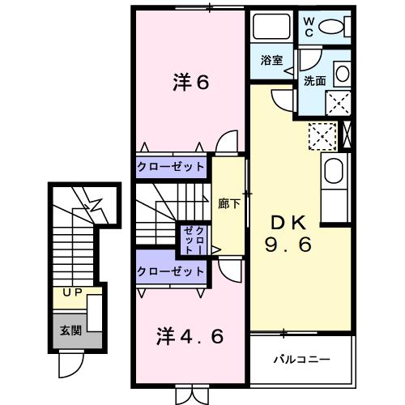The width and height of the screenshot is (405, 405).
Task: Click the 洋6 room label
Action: (x=191, y=82)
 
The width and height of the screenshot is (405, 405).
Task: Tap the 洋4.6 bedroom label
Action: (x=189, y=335)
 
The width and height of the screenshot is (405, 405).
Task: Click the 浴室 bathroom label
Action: (x=271, y=60)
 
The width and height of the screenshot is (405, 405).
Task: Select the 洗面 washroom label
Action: (x=314, y=81)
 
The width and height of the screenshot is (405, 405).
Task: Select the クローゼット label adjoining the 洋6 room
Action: (x=171, y=166)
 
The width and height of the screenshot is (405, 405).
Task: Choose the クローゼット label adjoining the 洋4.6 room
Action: (x=171, y=272)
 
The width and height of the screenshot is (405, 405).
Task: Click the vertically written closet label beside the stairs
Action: (x=194, y=240)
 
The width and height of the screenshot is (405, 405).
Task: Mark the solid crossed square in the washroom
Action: (x=339, y=101)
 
